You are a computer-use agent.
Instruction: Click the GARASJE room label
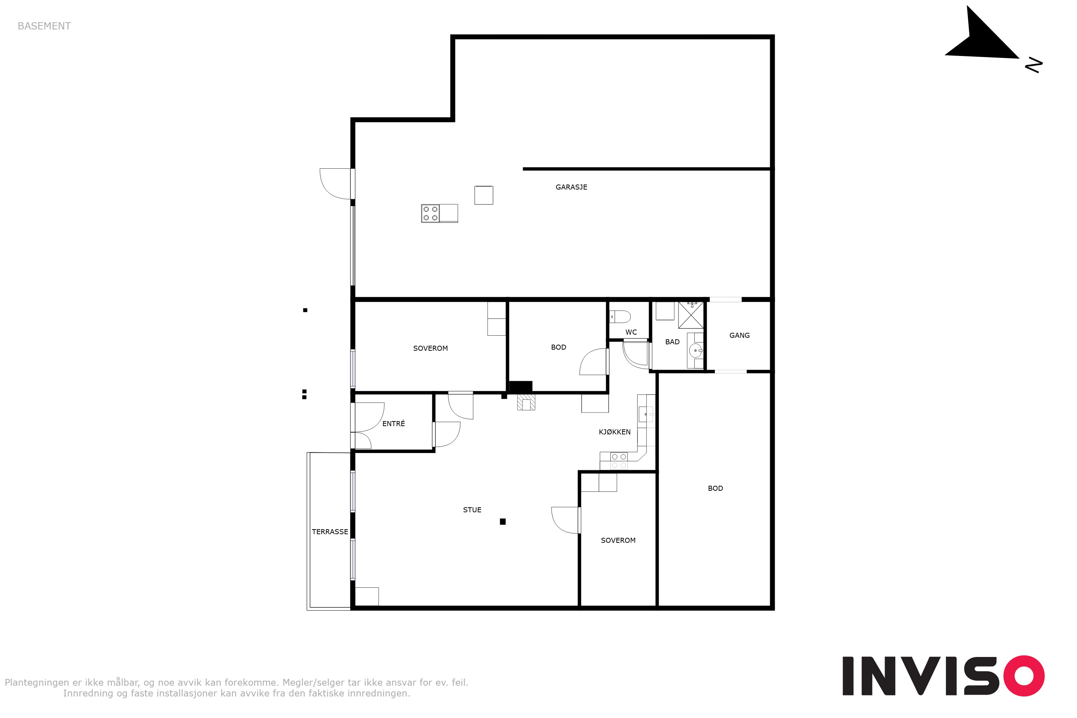tap(571, 187)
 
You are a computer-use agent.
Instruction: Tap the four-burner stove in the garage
tap(430, 213)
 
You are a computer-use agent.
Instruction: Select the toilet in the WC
tap(620, 316)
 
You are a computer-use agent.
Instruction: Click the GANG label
tap(740, 336)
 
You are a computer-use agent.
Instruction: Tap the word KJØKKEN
tap(615, 432)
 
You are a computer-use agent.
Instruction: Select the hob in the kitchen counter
tap(619, 461)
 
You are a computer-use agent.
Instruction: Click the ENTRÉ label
tap(393, 424)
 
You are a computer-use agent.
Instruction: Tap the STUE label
tap(472, 510)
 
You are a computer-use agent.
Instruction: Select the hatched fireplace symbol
tap(526, 402)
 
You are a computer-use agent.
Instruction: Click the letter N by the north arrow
tap(1034, 65)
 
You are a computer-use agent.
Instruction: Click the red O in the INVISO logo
tap(1024, 676)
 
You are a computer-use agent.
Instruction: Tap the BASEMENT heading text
tap(44, 26)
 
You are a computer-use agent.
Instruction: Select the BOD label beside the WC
tap(559, 348)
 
